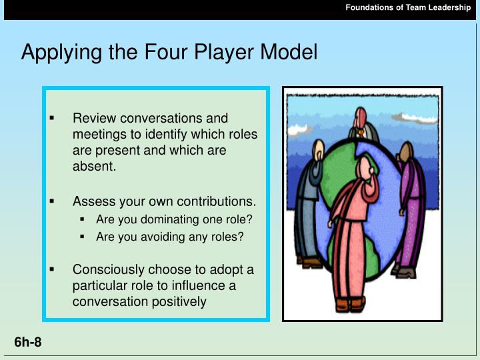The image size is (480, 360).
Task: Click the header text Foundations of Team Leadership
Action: (408, 7)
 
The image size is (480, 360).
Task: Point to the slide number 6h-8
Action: (28, 343)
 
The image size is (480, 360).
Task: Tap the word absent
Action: (94, 167)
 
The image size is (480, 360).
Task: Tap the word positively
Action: (180, 302)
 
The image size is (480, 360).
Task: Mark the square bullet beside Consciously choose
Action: (52, 270)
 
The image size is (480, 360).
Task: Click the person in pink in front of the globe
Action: (351, 233)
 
